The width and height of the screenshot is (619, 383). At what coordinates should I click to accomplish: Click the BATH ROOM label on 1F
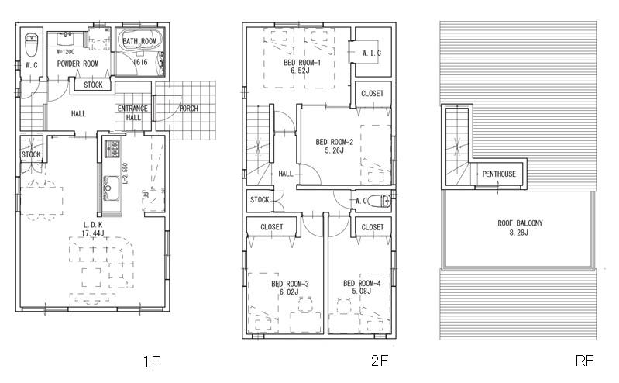click(x=140, y=40)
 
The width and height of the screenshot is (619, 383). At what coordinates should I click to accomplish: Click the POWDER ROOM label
click(x=77, y=64)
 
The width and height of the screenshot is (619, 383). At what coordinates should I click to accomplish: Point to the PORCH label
click(x=188, y=109)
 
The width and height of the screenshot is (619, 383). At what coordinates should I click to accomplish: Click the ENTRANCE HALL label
click(x=133, y=113)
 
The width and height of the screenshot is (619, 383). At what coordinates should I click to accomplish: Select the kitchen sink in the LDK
click(x=110, y=186)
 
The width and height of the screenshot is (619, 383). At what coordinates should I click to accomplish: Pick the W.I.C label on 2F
click(x=370, y=53)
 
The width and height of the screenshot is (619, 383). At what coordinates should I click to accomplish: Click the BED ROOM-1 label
click(x=300, y=62)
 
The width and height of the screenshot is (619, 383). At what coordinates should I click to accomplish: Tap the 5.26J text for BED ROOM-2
click(x=335, y=150)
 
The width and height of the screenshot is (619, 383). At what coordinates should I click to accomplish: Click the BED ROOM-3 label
click(x=290, y=284)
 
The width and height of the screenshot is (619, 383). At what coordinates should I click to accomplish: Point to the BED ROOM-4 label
click(x=362, y=284)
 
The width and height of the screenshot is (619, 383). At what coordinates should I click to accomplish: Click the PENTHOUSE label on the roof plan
click(x=499, y=174)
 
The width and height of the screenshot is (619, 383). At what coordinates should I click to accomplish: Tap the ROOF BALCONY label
click(x=520, y=223)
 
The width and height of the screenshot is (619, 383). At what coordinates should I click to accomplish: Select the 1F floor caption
click(x=151, y=361)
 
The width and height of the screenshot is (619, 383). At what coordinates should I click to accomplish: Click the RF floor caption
click(x=583, y=361)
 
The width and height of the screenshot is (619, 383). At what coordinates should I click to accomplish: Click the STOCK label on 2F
click(x=260, y=200)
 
